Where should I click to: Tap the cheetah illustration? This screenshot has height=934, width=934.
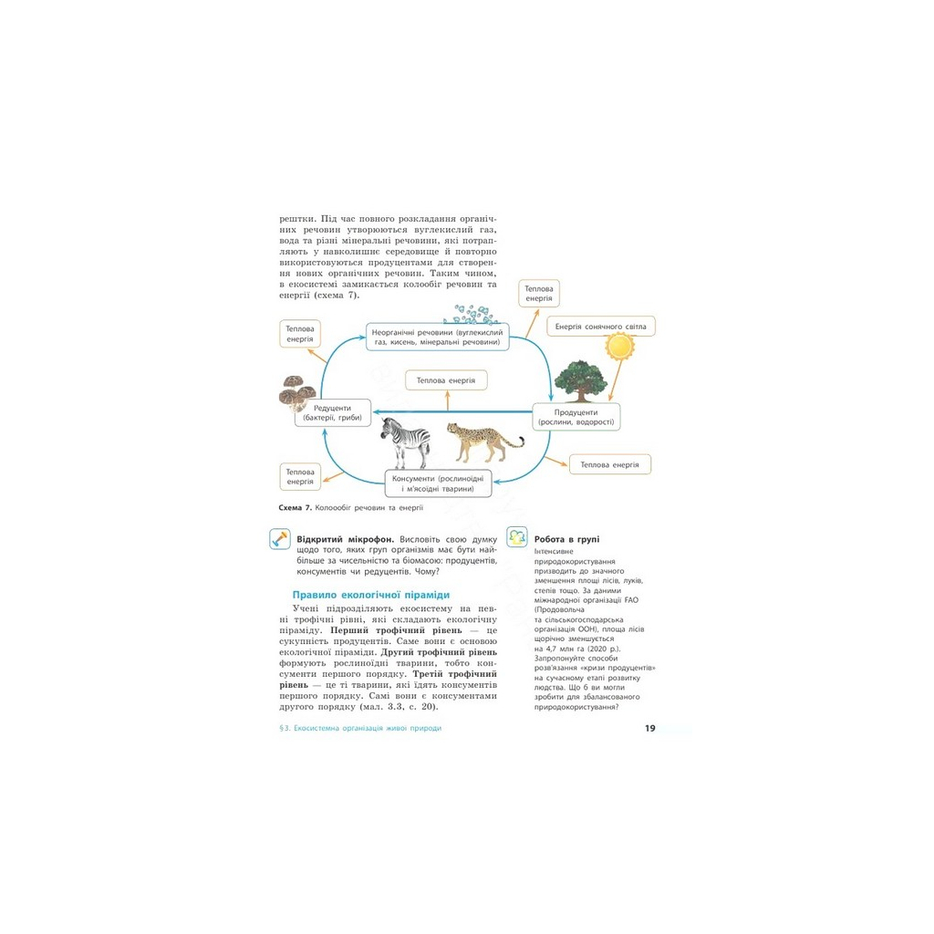click(483, 442)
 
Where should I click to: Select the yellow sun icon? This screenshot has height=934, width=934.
click(620, 348)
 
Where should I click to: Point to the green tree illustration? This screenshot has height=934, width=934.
click(579, 380)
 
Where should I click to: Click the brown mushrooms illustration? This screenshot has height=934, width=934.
click(297, 390)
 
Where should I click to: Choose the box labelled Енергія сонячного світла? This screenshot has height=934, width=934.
click(601, 326)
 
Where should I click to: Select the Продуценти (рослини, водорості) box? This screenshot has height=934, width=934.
click(575, 417)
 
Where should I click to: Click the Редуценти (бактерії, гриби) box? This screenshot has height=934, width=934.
click(334, 413)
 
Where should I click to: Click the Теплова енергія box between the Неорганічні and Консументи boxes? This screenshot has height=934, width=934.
click(446, 379)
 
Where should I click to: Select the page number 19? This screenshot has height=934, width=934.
click(649, 728)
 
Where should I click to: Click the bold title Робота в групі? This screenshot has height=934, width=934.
click(566, 539)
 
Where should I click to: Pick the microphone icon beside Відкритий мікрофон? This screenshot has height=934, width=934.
click(279, 539)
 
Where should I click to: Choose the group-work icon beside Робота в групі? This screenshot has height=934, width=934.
click(516, 535)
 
